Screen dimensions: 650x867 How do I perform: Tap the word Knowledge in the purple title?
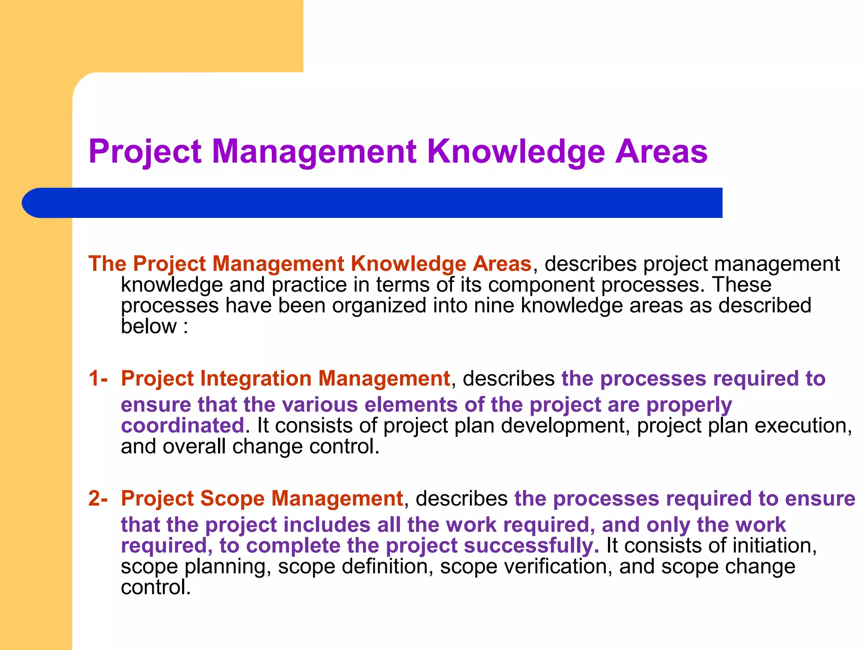coord(516,152)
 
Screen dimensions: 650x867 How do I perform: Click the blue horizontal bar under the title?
coord(373,203)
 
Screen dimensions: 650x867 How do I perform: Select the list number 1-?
coord(98,378)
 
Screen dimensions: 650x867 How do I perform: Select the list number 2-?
coord(98,498)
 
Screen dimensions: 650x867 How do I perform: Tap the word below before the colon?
coord(149,326)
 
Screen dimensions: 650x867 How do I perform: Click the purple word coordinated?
coord(182,425)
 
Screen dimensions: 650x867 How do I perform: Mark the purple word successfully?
coord(531,546)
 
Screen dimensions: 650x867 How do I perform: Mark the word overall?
coord(194,446)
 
